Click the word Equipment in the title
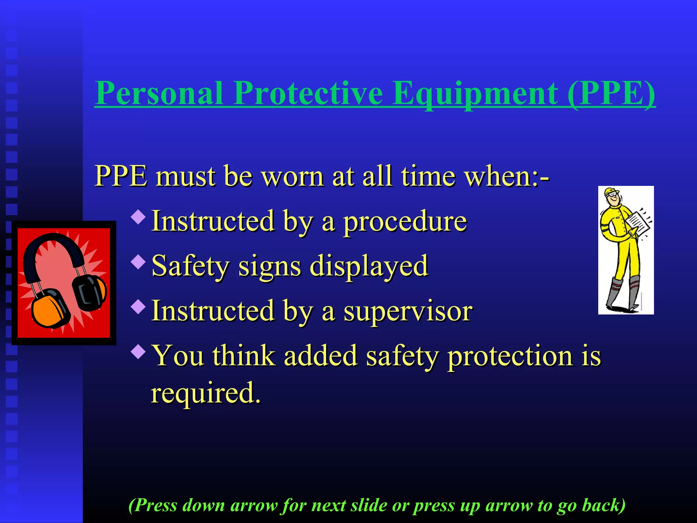[475, 94]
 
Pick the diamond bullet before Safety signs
[138, 262]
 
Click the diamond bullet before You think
[138, 351]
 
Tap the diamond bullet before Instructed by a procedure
[138, 217]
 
